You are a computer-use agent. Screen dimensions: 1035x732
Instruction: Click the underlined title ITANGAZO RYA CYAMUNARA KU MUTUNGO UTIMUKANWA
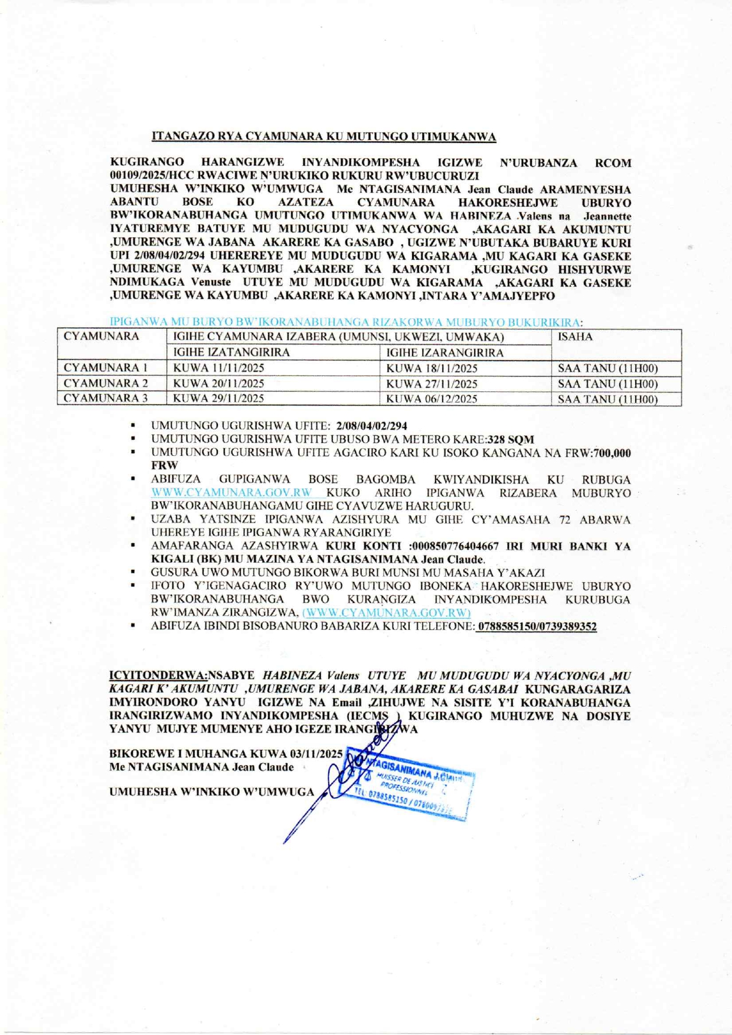(323, 137)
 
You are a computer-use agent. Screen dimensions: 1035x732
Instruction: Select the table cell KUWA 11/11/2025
(218, 368)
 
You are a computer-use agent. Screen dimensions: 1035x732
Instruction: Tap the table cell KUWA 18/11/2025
(432, 368)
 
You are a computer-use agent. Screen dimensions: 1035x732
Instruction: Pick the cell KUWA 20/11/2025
(218, 384)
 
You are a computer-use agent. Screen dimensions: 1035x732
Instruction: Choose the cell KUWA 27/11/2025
(432, 384)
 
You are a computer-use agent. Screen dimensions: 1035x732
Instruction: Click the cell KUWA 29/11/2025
(218, 399)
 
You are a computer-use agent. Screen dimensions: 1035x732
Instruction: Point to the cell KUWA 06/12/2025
(432, 399)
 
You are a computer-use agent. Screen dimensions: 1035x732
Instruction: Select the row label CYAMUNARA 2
(106, 384)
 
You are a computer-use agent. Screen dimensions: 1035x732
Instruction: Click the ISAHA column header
(575, 337)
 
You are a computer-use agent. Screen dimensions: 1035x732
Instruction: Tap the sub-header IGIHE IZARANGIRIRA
(445, 353)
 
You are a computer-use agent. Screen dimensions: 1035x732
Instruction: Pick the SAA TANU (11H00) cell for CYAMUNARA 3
(607, 399)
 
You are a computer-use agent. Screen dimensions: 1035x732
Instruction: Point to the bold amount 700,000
(612, 453)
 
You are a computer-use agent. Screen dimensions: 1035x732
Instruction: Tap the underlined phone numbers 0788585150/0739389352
(537, 626)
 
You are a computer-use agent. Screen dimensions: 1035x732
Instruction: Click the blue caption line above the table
(346, 322)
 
